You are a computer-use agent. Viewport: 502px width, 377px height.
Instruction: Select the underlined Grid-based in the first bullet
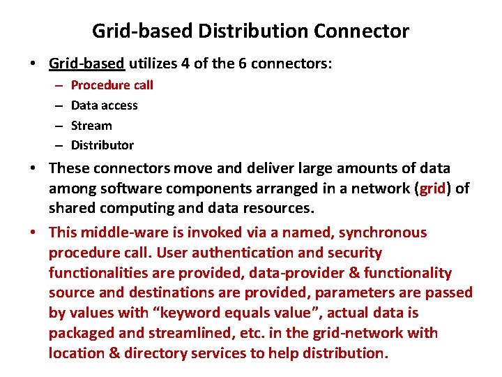click(86, 64)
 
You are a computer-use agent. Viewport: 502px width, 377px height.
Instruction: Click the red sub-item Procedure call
click(112, 85)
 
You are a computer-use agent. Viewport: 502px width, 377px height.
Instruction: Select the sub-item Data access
click(105, 105)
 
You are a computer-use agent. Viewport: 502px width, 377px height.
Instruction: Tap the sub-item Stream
click(91, 126)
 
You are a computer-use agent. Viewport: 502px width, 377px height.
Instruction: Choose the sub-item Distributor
click(102, 145)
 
